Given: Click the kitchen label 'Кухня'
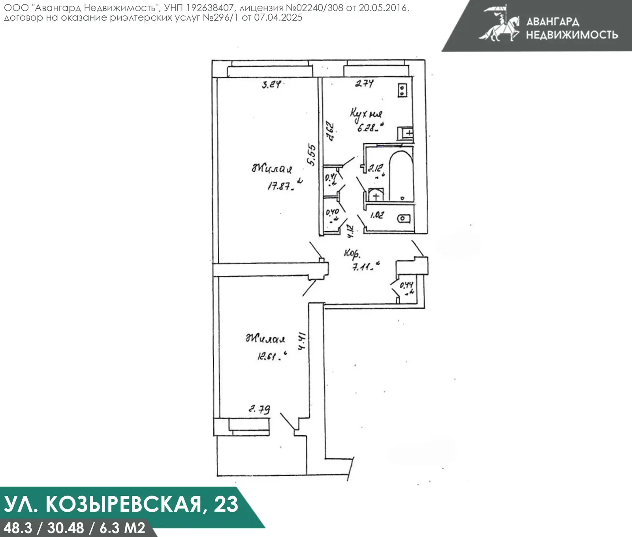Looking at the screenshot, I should pyautogui.click(x=366, y=114).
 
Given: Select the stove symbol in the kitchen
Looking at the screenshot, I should pyautogui.click(x=402, y=91).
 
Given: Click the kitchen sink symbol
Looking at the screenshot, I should pyautogui.click(x=405, y=133).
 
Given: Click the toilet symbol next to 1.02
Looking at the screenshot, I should pyautogui.click(x=404, y=219).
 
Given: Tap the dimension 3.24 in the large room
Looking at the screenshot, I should pyautogui.click(x=271, y=84).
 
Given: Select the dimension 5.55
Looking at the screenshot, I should pyautogui.click(x=312, y=155).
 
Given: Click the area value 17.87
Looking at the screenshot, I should pyautogui.click(x=280, y=186).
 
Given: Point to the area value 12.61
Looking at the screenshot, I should pyautogui.click(x=268, y=356).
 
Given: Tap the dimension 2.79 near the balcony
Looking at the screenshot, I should pyautogui.click(x=259, y=409).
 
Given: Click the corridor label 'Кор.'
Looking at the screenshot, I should pyautogui.click(x=352, y=253).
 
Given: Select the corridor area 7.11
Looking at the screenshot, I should pyautogui.click(x=362, y=267).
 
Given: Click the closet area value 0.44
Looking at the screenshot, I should pyautogui.click(x=406, y=285).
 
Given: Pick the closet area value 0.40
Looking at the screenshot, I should pyautogui.click(x=332, y=212).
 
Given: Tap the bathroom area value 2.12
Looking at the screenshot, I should pyautogui.click(x=375, y=168).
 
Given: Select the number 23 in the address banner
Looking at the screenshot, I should pyautogui.click(x=226, y=505).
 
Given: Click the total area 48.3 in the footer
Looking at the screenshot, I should pyautogui.click(x=17, y=528).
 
